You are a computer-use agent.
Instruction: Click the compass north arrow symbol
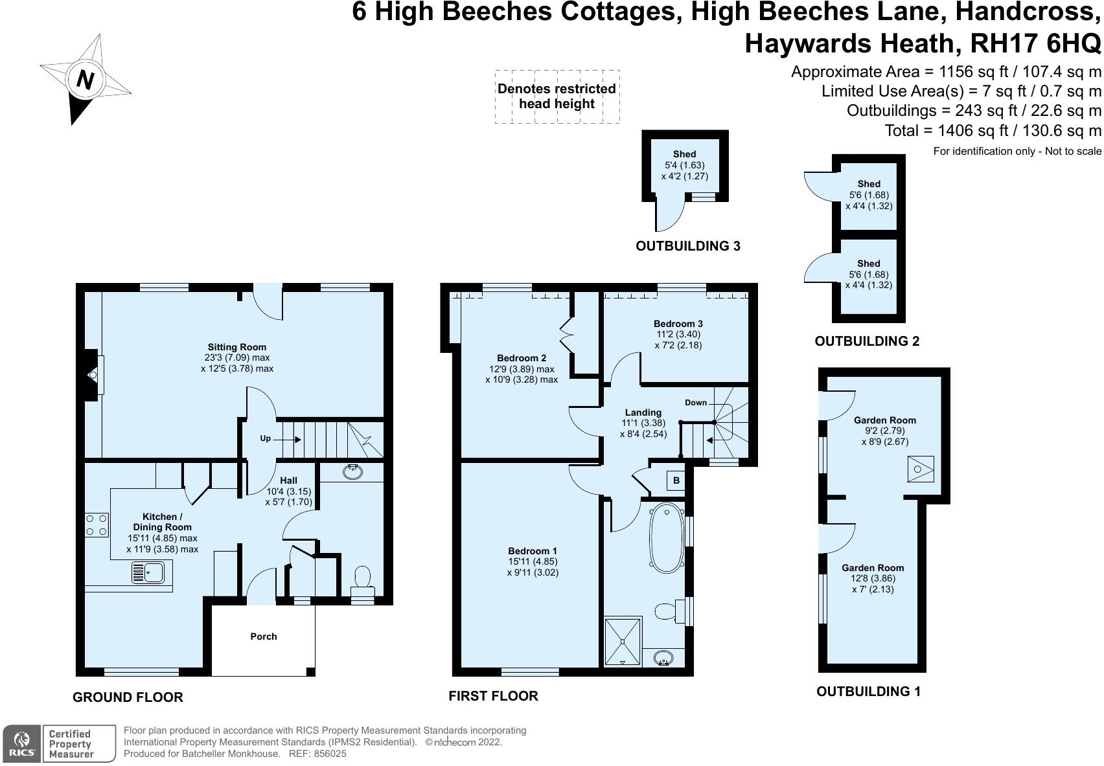(x=85, y=80)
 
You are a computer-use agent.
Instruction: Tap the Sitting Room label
(x=236, y=347)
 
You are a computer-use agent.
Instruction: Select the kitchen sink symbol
(x=149, y=572)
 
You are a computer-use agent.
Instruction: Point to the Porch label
(x=263, y=636)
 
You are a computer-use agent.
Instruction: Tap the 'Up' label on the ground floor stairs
(x=265, y=438)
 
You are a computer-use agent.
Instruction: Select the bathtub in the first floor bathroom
(x=665, y=539)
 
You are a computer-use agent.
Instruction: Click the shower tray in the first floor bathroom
(x=623, y=642)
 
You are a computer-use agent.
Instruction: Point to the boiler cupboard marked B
(x=676, y=480)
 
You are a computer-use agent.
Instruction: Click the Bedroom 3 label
(x=678, y=324)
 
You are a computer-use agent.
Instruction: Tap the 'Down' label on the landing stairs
(x=696, y=403)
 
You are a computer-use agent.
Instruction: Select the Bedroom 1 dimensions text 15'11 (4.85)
(x=533, y=562)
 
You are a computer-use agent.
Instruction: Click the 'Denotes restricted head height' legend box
(x=557, y=96)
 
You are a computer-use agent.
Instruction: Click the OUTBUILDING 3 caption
(x=687, y=246)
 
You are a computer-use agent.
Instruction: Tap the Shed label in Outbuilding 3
(x=684, y=154)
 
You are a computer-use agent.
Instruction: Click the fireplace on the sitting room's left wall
(x=91, y=374)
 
